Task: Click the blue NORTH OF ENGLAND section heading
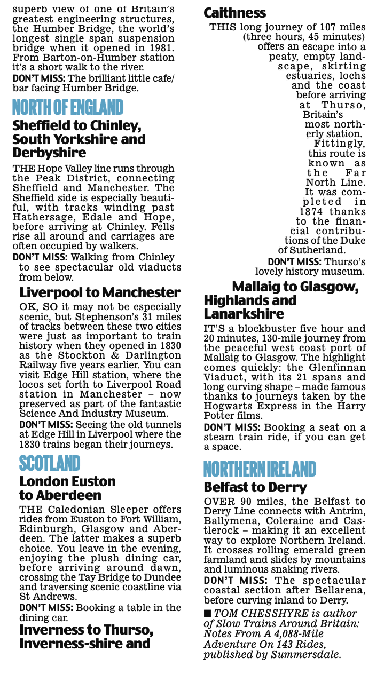pos(68,108)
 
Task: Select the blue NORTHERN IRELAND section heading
pos(260,470)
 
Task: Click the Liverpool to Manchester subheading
pos(100,292)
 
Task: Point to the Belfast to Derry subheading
pos(255,487)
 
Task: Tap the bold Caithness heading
pos(235,13)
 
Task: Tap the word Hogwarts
pos(231,406)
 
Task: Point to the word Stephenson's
pos(96,316)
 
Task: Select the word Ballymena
pos(231,521)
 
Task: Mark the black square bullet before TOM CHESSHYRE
pos(207,614)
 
